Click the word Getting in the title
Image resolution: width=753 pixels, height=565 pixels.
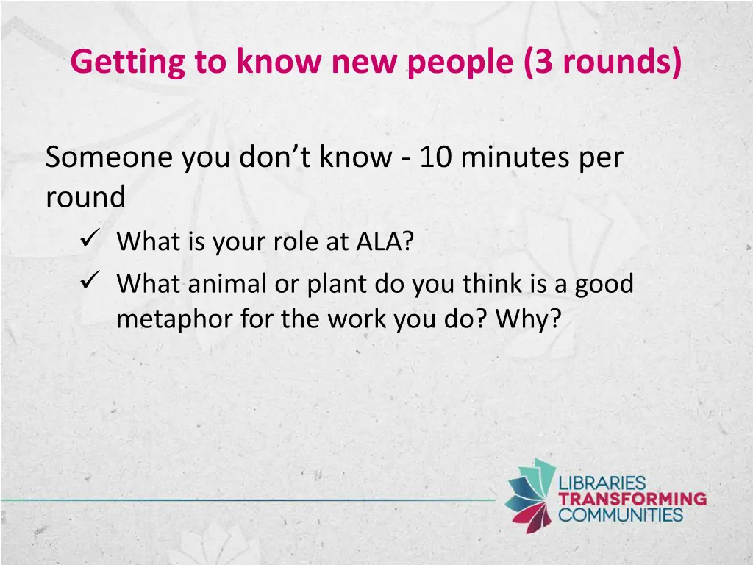click(x=128, y=63)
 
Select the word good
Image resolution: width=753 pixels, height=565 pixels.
click(x=604, y=283)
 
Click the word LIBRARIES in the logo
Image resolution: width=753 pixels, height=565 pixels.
click(x=602, y=484)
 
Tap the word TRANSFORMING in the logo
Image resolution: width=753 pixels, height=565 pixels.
click(x=632, y=499)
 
